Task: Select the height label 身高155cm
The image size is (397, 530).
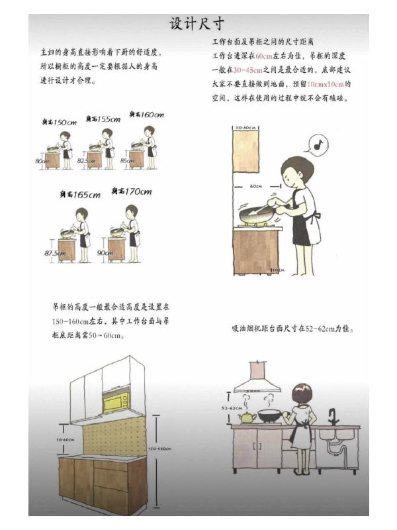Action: click(103, 119)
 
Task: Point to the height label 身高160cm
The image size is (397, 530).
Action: click(146, 115)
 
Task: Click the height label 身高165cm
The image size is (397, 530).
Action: click(77, 195)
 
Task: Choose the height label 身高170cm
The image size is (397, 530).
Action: click(131, 192)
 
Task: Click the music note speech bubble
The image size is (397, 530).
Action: click(318, 143)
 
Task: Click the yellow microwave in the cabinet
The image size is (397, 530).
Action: click(115, 401)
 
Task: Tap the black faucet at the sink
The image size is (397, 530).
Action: click(333, 417)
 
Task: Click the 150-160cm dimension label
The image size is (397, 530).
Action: click(159, 449)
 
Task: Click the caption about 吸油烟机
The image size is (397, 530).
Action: click(292, 327)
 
